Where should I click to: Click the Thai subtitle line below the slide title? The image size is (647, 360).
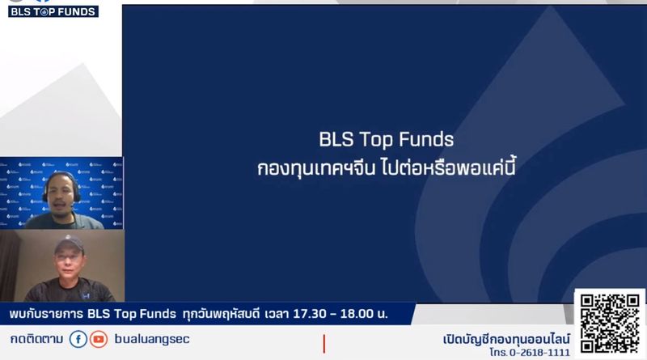pos(386,169)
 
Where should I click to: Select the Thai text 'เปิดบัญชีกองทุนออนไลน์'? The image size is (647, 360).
pos(507,338)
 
